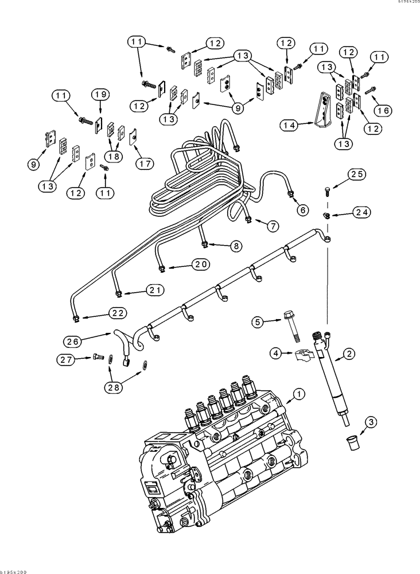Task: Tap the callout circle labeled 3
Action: [x=372, y=423]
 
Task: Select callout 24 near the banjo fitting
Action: [x=360, y=212]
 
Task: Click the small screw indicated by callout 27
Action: [x=96, y=358]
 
